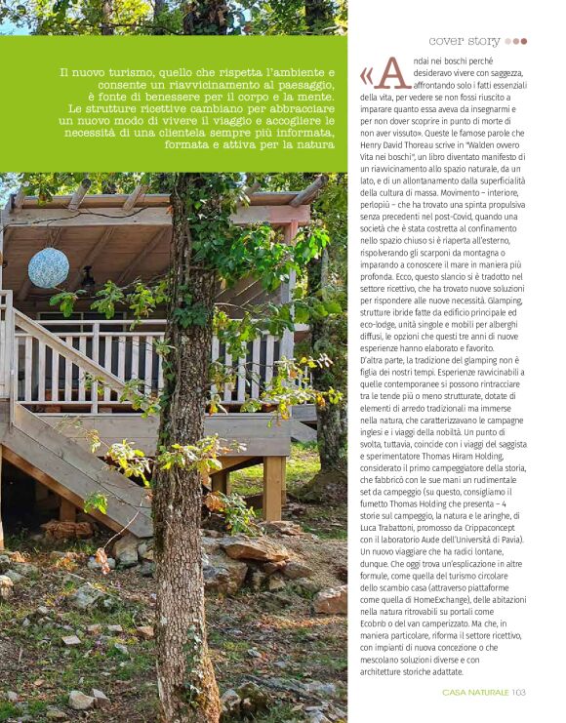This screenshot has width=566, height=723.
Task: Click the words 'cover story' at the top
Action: (x=465, y=41)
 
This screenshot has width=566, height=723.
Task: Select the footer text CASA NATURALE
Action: (x=475, y=692)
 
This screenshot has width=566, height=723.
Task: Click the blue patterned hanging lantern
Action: (x=49, y=266)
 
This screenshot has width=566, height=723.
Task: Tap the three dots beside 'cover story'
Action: (x=515, y=42)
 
